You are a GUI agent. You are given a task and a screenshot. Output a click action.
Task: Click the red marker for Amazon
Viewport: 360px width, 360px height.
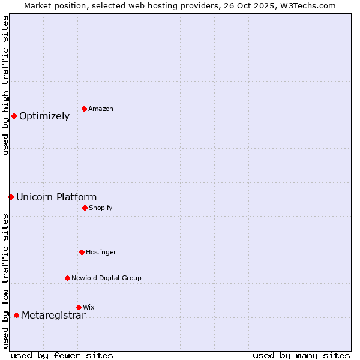tap(84, 109)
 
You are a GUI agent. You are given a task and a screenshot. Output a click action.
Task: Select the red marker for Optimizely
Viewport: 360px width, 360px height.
tap(14, 116)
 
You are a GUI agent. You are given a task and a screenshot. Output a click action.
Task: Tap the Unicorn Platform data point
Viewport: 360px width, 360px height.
tap(11, 197)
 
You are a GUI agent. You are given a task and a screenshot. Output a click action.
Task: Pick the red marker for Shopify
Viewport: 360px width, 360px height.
tap(85, 208)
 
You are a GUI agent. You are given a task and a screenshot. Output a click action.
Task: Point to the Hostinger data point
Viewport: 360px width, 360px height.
tap(82, 252)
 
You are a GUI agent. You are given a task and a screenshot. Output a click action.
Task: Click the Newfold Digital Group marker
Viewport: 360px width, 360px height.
tap(67, 278)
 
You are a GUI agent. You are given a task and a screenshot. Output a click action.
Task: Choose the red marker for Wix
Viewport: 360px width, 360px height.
tap(79, 307)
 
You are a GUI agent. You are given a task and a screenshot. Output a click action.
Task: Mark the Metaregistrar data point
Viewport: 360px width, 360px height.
tap(16, 315)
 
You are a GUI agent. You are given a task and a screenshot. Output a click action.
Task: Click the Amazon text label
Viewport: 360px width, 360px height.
tap(101, 109)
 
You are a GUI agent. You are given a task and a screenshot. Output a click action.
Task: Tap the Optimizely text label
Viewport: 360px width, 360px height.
tap(44, 116)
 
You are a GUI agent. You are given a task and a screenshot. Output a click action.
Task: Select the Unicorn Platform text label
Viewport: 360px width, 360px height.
tap(56, 197)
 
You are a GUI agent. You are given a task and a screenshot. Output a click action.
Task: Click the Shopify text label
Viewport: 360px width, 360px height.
tap(101, 208)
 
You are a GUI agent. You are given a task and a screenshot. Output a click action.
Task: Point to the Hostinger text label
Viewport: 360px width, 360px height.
tap(101, 253)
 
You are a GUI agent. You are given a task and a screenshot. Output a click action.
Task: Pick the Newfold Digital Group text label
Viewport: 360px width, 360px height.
tap(106, 278)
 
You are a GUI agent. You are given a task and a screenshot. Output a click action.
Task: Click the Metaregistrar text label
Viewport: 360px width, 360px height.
tap(53, 316)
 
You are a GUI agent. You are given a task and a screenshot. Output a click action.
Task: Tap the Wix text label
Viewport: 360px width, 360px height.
tap(89, 308)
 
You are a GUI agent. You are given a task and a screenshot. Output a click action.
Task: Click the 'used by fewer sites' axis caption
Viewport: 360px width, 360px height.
tap(62, 355)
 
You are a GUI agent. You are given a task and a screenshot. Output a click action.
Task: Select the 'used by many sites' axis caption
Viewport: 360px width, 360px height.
tap(301, 355)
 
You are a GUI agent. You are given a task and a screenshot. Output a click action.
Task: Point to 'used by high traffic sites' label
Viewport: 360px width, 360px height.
tap(5, 85)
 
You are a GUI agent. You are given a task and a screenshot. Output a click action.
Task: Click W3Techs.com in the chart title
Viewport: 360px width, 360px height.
tap(306, 5)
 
